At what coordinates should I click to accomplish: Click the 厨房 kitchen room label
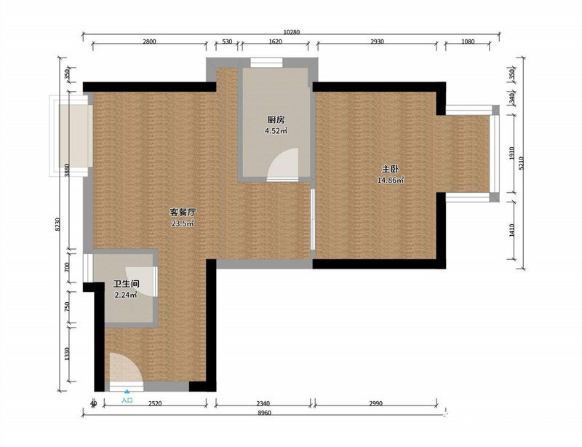tap(275, 120)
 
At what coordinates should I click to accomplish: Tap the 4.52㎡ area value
tap(275, 132)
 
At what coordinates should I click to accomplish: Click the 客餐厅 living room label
tap(183, 212)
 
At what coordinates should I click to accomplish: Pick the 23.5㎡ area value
tap(183, 223)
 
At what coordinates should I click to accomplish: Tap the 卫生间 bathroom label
tap(126, 284)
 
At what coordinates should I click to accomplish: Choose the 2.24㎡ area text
tap(126, 296)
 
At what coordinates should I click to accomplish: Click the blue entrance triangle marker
tap(127, 392)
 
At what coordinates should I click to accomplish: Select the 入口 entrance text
tap(127, 400)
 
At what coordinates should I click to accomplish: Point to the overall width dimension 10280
tap(292, 31)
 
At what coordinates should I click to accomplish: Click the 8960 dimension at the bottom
tap(264, 414)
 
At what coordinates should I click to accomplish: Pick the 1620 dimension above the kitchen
tap(275, 42)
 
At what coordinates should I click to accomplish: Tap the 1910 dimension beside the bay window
tap(511, 154)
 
